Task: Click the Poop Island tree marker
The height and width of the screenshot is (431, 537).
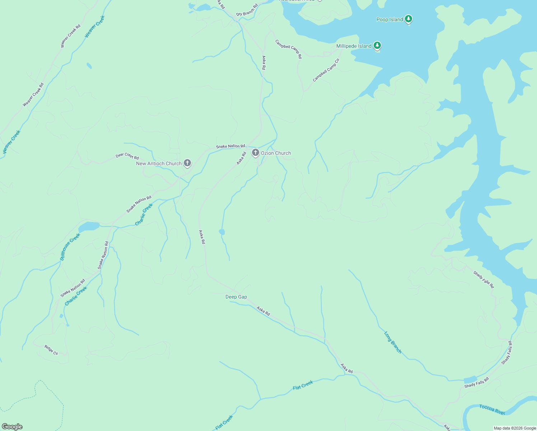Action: click(x=408, y=19)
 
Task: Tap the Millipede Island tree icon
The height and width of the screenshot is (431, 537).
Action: click(x=377, y=45)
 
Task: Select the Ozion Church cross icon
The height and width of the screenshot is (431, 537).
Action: click(x=255, y=153)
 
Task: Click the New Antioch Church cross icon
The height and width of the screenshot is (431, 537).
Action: click(x=187, y=163)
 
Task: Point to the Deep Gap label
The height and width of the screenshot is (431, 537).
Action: click(x=236, y=297)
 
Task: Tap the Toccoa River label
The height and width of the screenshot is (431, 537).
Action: click(x=492, y=409)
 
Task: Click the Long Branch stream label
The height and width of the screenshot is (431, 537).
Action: click(x=393, y=342)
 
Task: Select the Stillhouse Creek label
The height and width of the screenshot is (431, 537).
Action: click(x=70, y=247)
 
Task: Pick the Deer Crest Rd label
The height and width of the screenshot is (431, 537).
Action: click(x=127, y=156)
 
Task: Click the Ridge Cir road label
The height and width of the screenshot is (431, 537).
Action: click(x=51, y=350)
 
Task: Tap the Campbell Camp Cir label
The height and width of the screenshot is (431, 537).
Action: click(x=326, y=70)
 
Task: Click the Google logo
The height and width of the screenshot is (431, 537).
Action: click(x=12, y=427)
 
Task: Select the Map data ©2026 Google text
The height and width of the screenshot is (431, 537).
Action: click(x=514, y=428)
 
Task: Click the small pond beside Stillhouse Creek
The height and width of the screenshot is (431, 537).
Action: click(x=89, y=226)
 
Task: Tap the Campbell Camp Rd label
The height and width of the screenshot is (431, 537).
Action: click(x=288, y=49)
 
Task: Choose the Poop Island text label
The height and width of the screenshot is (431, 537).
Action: click(x=389, y=19)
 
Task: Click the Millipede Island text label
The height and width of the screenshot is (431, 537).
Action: click(x=354, y=46)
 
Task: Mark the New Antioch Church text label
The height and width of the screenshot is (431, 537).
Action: click(x=159, y=163)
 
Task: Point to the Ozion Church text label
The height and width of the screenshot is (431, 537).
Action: click(x=276, y=153)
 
